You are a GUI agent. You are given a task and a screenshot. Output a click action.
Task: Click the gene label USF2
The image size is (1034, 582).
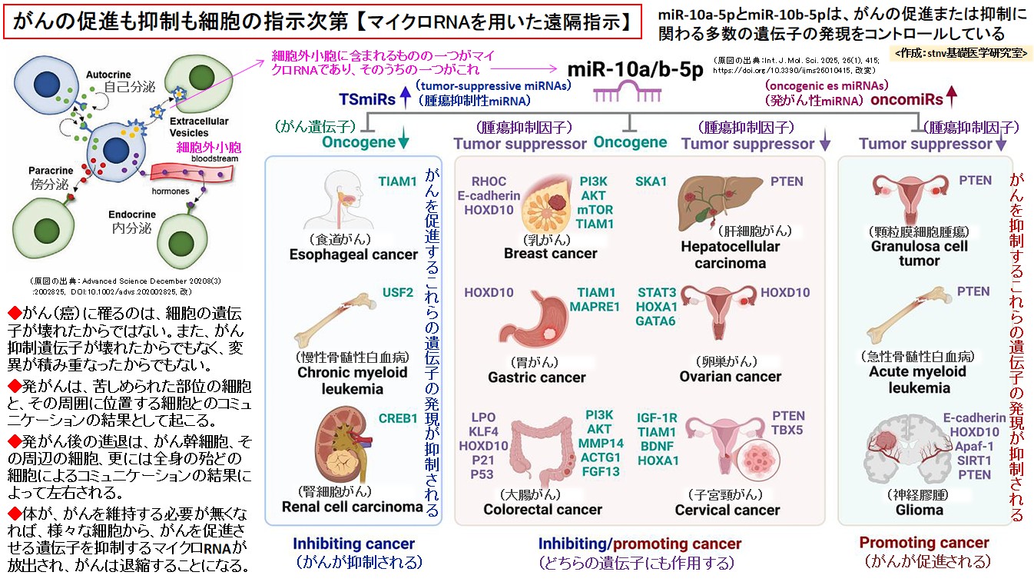pyautogui.click(x=398, y=292)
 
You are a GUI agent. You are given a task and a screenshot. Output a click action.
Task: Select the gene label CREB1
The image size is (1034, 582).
pyautogui.click(x=398, y=419)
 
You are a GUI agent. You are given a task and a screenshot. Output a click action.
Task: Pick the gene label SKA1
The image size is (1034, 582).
pyautogui.click(x=651, y=181)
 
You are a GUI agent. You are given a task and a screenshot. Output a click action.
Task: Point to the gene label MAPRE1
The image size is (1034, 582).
pyautogui.click(x=595, y=307)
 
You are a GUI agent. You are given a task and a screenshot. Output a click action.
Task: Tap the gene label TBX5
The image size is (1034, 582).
pyautogui.click(x=787, y=431)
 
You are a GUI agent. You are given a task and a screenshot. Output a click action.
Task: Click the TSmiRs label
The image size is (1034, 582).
pyautogui.click(x=367, y=99)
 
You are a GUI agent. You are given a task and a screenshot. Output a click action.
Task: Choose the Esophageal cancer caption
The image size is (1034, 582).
pyautogui.click(x=353, y=254)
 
